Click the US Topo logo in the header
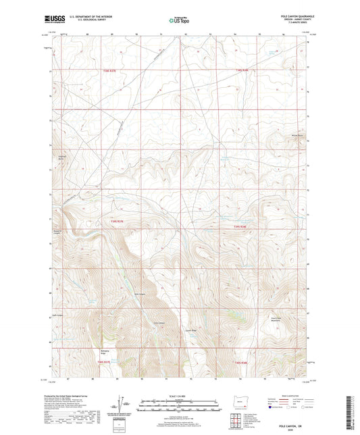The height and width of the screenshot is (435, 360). point(179,21)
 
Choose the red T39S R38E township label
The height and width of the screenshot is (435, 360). point(241,226)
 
